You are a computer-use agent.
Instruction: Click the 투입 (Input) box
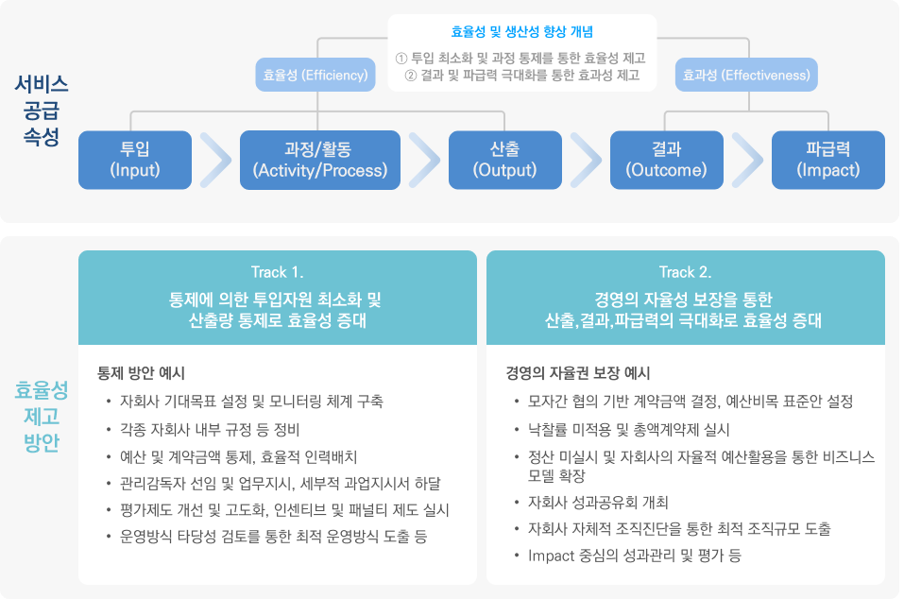point(134,159)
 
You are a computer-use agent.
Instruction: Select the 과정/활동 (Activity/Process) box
point(320,159)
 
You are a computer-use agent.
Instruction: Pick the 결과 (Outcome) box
point(666,159)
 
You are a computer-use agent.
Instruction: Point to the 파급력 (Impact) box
point(827,159)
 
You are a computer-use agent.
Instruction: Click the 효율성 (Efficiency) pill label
point(315,76)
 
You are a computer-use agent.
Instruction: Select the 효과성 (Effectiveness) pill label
point(746,76)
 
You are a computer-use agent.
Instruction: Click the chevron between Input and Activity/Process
point(215,160)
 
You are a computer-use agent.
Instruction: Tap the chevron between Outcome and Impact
point(747,160)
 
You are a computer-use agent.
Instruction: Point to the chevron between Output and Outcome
point(586,160)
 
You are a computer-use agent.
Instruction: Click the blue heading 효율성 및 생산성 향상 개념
point(521,31)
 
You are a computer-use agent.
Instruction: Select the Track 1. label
point(277,272)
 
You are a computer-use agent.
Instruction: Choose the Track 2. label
point(685,272)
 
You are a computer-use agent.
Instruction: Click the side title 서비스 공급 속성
point(42,110)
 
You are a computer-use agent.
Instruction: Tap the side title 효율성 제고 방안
point(42,416)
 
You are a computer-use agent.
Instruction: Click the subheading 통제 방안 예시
point(147,372)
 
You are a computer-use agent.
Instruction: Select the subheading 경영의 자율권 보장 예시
point(578,372)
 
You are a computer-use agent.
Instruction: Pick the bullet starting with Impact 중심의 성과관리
point(635,556)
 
